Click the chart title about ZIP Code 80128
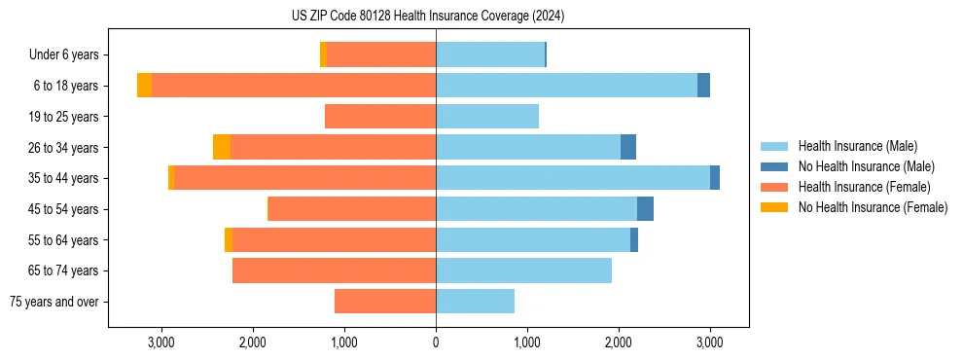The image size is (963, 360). click(428, 16)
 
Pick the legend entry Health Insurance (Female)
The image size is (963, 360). click(864, 187)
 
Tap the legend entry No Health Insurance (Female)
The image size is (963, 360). click(873, 207)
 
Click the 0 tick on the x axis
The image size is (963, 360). click(436, 342)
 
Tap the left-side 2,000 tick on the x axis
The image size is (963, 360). click(252, 342)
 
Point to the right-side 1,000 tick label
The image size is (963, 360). click(527, 342)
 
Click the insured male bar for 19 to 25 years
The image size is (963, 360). click(486, 117)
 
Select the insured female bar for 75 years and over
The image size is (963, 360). click(385, 302)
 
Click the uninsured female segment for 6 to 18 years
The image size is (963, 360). click(144, 86)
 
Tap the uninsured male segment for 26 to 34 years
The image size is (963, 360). click(628, 147)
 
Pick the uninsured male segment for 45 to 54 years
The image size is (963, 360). click(645, 209)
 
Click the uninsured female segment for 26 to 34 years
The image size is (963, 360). click(222, 147)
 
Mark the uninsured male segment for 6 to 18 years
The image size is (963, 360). click(703, 86)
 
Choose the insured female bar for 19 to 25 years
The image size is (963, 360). click(380, 117)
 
